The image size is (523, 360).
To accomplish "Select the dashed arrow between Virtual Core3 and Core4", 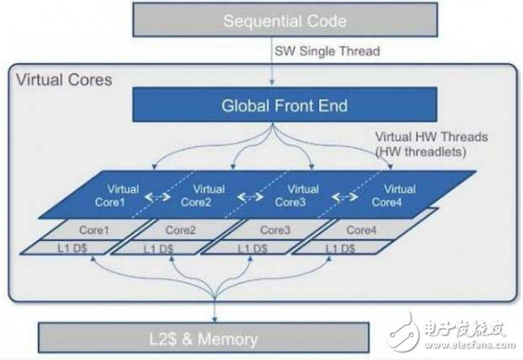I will (346, 196).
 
